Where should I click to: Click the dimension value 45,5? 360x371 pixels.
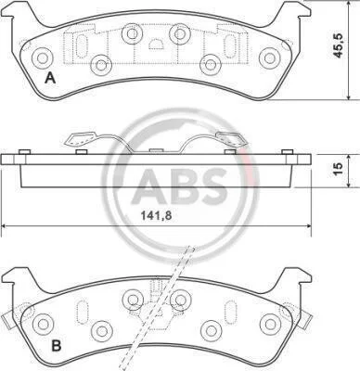click(x=339, y=45)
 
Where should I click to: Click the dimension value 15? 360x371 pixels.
click(x=339, y=168)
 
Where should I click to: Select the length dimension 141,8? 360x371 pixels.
click(x=156, y=215)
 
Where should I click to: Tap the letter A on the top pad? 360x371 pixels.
click(x=50, y=78)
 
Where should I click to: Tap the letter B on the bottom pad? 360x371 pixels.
click(x=56, y=346)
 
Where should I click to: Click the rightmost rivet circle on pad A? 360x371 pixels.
click(x=269, y=58)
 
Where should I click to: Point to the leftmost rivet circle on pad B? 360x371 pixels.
click(x=43, y=324)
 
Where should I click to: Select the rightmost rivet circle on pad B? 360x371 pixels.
click(x=270, y=324)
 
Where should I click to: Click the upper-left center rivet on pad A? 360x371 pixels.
click(x=132, y=33)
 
